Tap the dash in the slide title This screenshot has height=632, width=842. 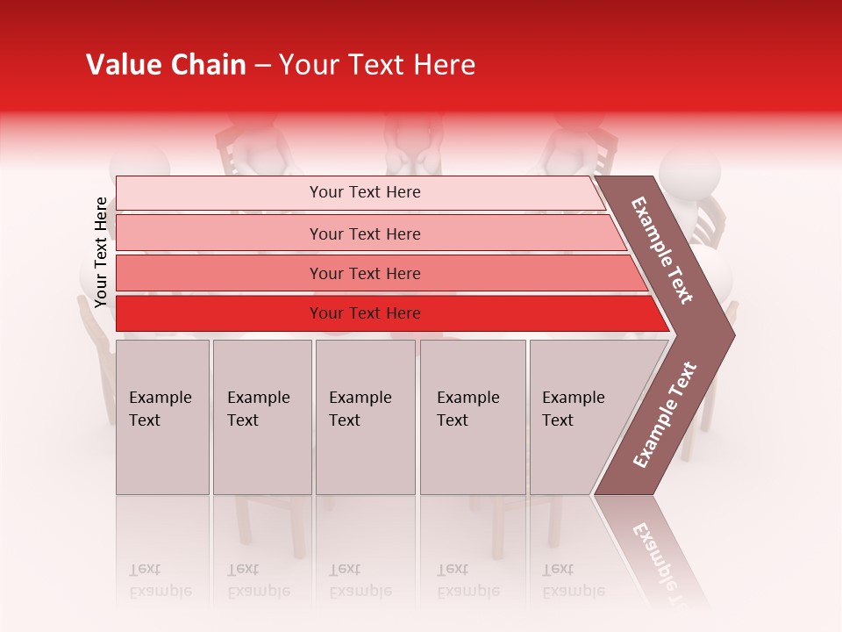pos(262,66)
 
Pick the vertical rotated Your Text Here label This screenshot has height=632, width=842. pos(101,253)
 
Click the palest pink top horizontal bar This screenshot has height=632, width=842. pos(364,192)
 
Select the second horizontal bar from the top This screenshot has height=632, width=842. pos(364,233)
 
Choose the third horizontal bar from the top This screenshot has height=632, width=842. pos(364,273)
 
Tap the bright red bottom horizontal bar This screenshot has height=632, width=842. pos(364,313)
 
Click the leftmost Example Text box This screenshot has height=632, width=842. pos(162,416)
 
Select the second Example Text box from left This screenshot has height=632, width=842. pos(261,416)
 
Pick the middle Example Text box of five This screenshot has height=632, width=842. pos(365,416)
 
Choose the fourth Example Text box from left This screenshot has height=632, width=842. pos(472,416)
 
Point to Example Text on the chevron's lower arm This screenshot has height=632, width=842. pos(665,414)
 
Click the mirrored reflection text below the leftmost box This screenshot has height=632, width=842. pos(161,581)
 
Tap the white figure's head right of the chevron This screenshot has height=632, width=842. pos(690,171)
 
